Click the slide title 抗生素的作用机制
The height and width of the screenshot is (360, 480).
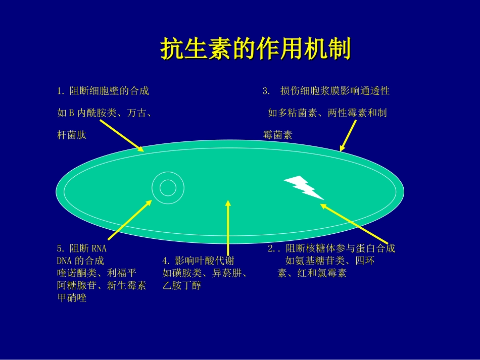(255, 49)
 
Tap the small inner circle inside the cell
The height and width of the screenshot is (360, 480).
(167, 187)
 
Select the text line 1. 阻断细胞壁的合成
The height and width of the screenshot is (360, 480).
(103, 91)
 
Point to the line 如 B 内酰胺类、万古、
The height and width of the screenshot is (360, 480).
(105, 113)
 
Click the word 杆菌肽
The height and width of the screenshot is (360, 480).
(72, 135)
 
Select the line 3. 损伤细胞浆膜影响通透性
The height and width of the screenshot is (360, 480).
(326, 91)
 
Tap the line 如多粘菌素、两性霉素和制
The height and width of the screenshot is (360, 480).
(327, 113)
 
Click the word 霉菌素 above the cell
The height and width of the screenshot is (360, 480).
(277, 135)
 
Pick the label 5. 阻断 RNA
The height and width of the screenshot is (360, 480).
(82, 248)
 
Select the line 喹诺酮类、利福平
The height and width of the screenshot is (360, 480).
(97, 273)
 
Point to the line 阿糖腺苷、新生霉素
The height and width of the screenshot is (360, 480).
(102, 286)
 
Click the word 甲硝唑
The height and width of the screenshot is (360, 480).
(72, 298)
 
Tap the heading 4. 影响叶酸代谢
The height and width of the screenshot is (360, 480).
(198, 261)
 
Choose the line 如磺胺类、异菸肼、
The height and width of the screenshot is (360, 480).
(205, 273)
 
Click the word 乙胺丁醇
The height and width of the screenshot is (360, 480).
(182, 286)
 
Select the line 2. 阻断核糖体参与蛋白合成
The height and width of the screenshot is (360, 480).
(331, 248)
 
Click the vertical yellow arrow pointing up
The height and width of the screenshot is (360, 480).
(228, 227)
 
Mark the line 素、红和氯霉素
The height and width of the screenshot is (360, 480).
(312, 273)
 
